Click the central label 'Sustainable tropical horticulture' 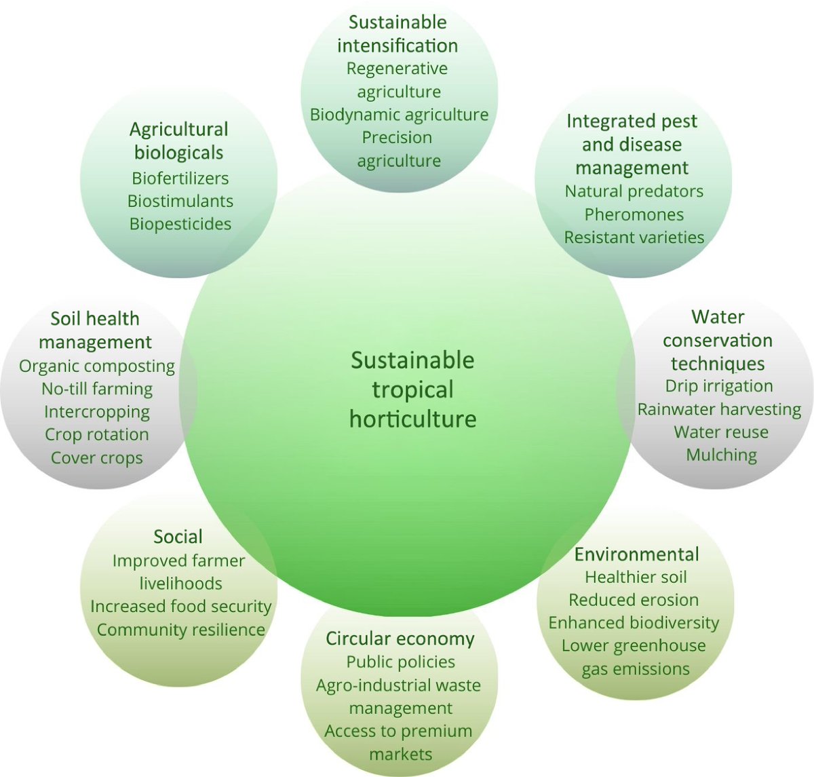pos(412,390)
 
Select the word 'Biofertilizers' pos(180,178)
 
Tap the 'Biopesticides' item pos(180,224)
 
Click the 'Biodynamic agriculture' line pos(399,114)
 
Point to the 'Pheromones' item pos(634,214)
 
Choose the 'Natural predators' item pos(634,191)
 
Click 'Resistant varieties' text pos(634,238)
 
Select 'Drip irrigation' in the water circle pos(719,386)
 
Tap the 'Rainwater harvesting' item pos(719,409)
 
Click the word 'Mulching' pos(721,455)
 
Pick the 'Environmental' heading pos(636,554)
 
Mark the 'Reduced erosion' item pos(634,600)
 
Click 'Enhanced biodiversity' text pos(634,623)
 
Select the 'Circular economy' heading pos(400,639)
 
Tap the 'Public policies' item pos(400,662)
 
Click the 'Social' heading pos(178,537)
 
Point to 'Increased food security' pos(180,606)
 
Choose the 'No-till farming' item pos(97,389)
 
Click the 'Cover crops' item pos(97,458)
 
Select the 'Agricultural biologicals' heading pos(178,140)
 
